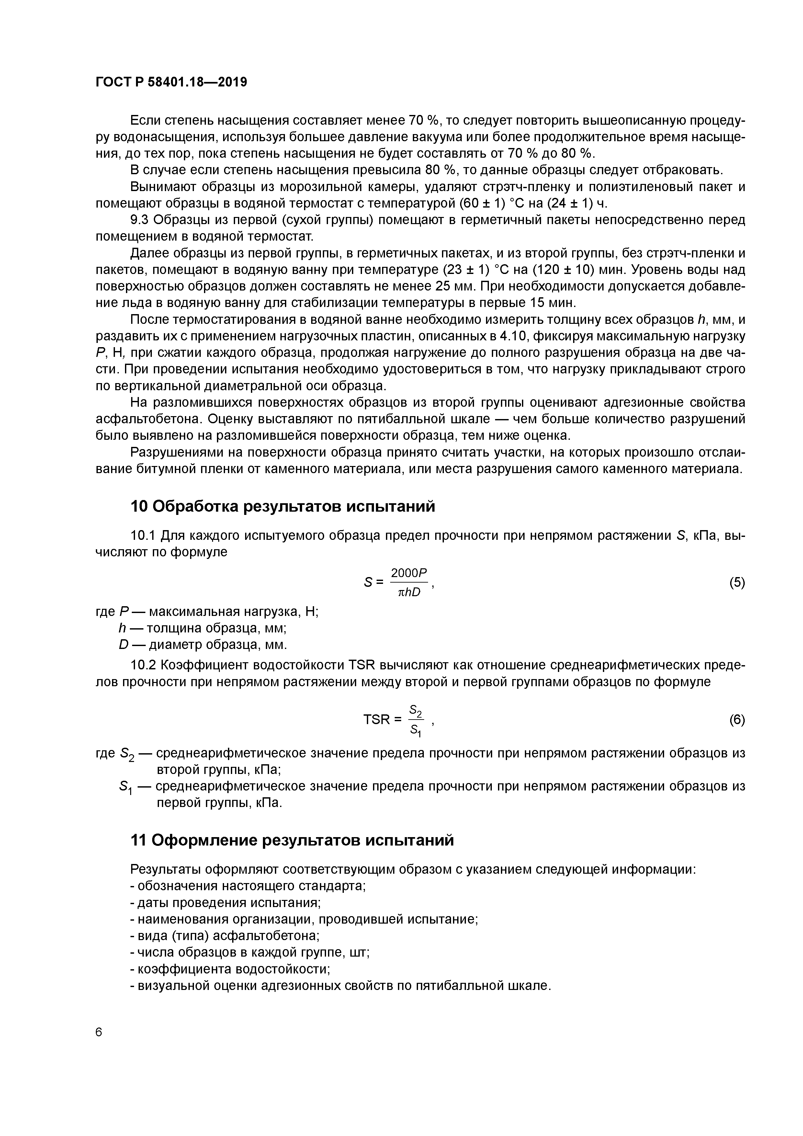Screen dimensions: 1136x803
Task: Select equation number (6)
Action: tap(737, 720)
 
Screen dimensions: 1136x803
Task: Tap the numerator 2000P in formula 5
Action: tap(409, 573)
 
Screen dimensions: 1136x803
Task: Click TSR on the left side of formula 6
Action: tap(377, 720)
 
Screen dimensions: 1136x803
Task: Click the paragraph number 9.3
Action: tap(140, 220)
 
